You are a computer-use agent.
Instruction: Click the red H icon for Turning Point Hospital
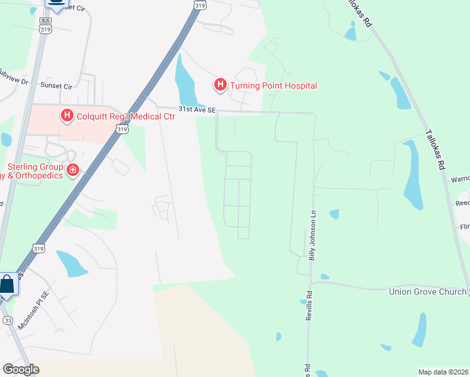[x=220, y=84]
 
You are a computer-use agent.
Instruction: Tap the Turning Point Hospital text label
[x=273, y=85]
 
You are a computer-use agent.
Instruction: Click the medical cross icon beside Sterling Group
[x=73, y=169]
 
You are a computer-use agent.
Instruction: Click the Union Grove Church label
[x=427, y=292]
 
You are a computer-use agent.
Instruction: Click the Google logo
[x=21, y=369]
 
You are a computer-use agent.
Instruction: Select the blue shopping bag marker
[x=7, y=284]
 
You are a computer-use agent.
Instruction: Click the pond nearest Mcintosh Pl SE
[x=72, y=263]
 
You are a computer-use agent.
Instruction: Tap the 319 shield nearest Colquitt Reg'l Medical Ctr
[x=123, y=129]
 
